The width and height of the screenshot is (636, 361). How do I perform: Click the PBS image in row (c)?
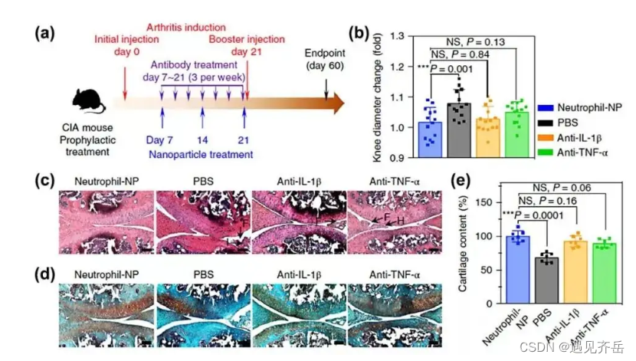[202, 222]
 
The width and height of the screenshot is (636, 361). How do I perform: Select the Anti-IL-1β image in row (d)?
[299, 311]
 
